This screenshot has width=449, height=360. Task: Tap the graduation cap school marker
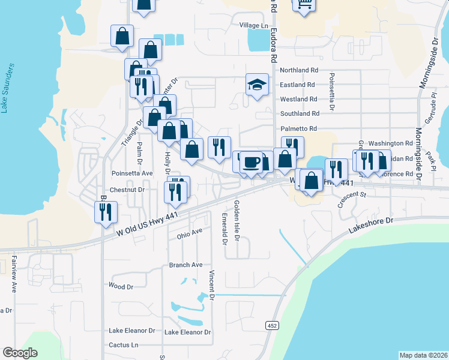pyautogui.click(x=256, y=85)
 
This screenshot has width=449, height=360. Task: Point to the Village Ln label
pyautogui.click(x=253, y=25)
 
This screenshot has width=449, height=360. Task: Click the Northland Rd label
pyautogui.click(x=298, y=70)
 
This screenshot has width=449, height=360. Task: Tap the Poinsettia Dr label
pyautogui.click(x=330, y=93)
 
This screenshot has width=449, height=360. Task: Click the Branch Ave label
pyautogui.click(x=185, y=265)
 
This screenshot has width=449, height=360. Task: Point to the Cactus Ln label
pyautogui.click(x=123, y=345)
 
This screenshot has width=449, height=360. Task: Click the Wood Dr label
pyautogui.click(x=121, y=287)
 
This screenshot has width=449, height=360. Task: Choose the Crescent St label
pyautogui.click(x=351, y=200)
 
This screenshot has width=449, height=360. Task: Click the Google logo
pyautogui.click(x=20, y=353)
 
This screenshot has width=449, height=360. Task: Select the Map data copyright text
pyautogui.click(x=423, y=355)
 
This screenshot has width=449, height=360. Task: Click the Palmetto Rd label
pyautogui.click(x=298, y=128)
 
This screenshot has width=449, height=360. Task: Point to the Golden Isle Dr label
pyautogui.click(x=238, y=221)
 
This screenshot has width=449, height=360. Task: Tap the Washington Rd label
pyautogui.click(x=391, y=144)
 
